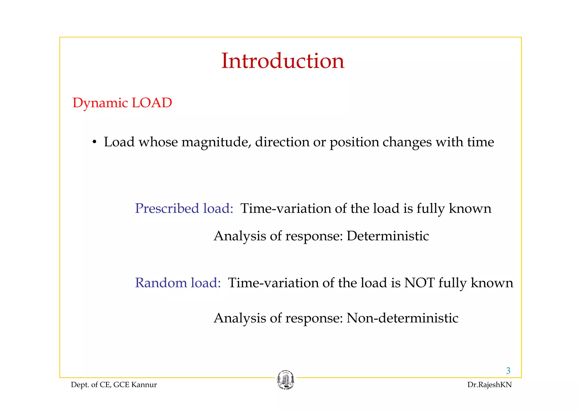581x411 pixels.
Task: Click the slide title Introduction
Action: point(283,61)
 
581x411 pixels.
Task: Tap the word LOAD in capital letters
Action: point(152,103)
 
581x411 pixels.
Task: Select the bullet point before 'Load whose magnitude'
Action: point(94,142)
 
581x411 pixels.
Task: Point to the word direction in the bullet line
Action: point(282,142)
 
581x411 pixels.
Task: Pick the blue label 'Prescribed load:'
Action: point(184,209)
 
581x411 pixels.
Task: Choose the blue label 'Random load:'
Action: point(178,283)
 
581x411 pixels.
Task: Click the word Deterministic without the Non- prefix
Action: point(388,236)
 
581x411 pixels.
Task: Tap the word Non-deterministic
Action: point(402,318)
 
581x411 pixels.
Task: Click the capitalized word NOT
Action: point(419,283)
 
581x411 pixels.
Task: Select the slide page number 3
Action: point(508,371)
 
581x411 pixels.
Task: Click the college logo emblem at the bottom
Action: point(285,380)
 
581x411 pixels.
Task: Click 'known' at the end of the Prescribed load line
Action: point(470,209)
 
